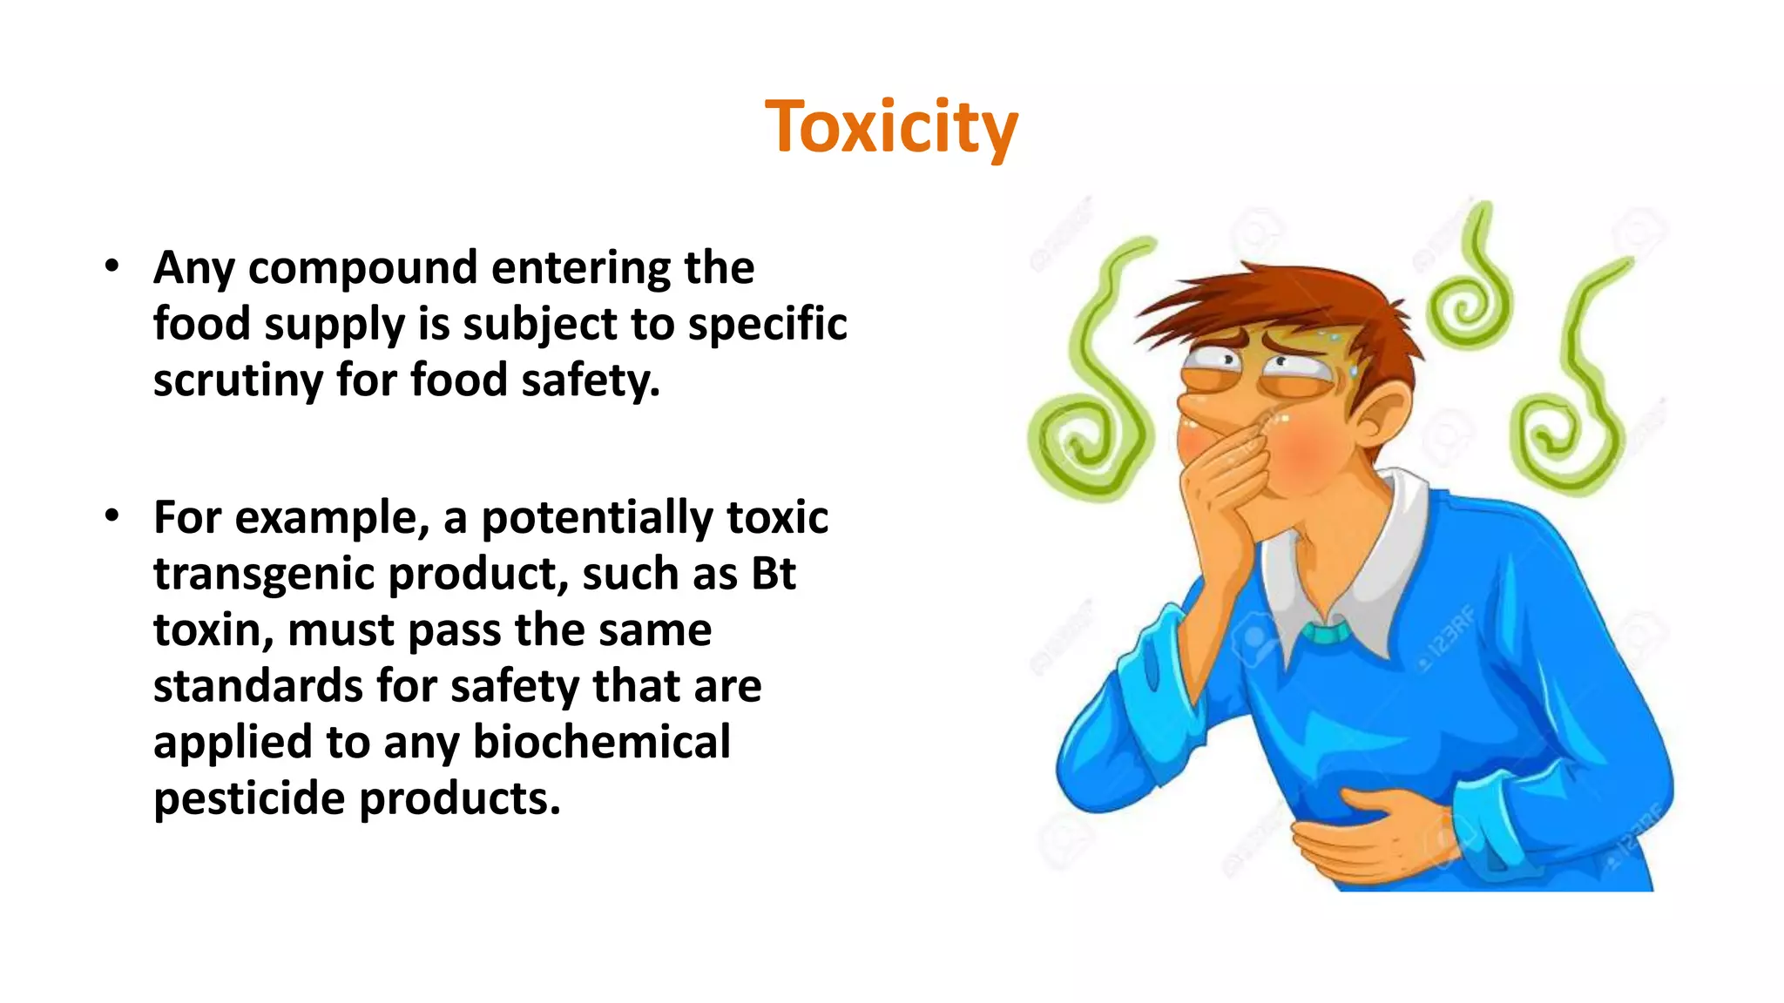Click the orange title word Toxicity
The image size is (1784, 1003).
(891, 127)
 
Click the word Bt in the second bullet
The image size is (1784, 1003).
(773, 574)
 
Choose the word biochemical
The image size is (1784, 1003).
(601, 742)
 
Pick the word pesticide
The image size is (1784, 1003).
(248, 798)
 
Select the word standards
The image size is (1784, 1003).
(258, 686)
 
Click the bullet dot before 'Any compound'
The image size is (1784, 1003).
(111, 266)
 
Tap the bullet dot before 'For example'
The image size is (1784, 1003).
(111, 516)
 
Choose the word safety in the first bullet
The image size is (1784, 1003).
(590, 380)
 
